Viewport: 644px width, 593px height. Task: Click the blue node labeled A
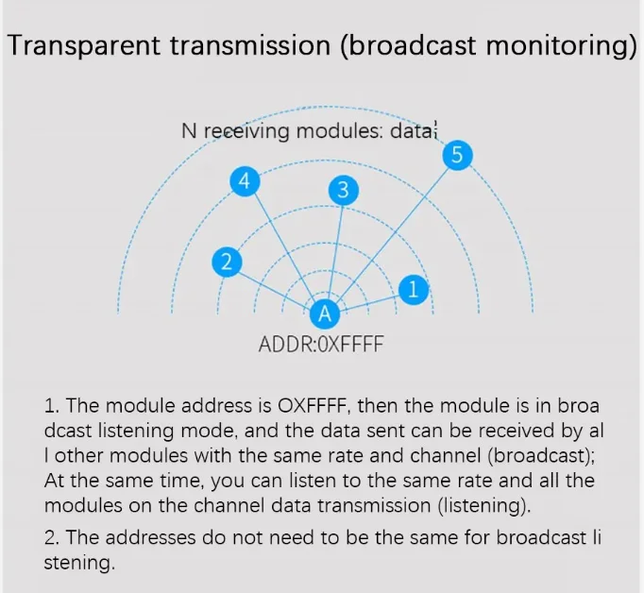coord(324,313)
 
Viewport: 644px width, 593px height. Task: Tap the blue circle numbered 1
coord(412,289)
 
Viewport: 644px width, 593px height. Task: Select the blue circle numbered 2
coord(226,262)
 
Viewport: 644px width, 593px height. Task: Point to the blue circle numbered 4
coord(246,181)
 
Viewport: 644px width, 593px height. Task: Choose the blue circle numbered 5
coord(457,156)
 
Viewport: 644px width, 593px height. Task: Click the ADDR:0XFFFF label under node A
coord(321,344)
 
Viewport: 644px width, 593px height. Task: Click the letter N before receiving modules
coord(189,131)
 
